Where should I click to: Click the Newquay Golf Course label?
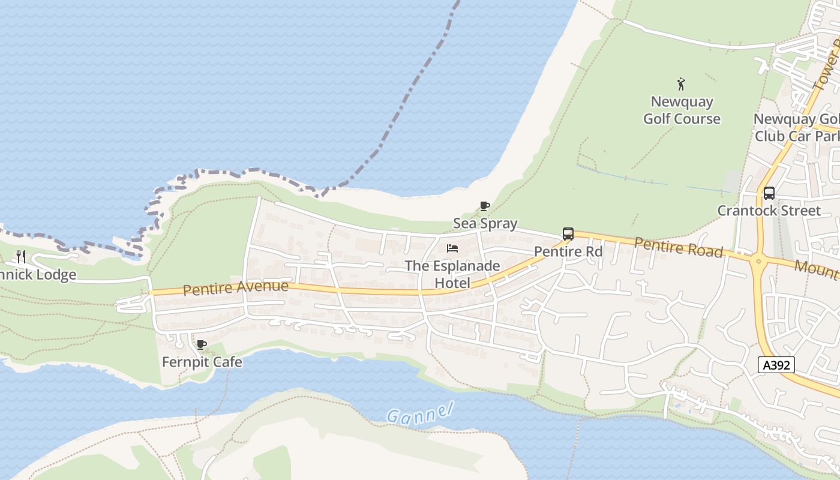[x=682, y=110]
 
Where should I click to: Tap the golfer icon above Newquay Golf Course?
[x=681, y=83]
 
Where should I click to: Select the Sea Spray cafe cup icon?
[x=485, y=206]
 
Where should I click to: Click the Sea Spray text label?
[x=485, y=223]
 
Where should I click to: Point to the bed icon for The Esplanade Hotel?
[x=452, y=248]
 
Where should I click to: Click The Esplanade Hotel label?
[x=452, y=274]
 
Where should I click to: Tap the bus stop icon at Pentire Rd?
[x=568, y=234]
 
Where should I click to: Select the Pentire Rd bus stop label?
[x=568, y=251]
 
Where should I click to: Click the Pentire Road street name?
[x=678, y=247]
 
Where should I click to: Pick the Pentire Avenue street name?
[x=235, y=288]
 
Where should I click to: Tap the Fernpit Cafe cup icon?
[x=202, y=344]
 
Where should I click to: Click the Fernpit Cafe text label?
[x=202, y=362]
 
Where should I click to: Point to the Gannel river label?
[x=419, y=413]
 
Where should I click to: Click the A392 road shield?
[x=776, y=365]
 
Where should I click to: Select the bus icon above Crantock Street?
[x=769, y=193]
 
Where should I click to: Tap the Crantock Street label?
[x=769, y=211]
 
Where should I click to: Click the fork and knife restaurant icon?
[x=21, y=257]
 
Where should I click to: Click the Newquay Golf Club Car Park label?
[x=797, y=127]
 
